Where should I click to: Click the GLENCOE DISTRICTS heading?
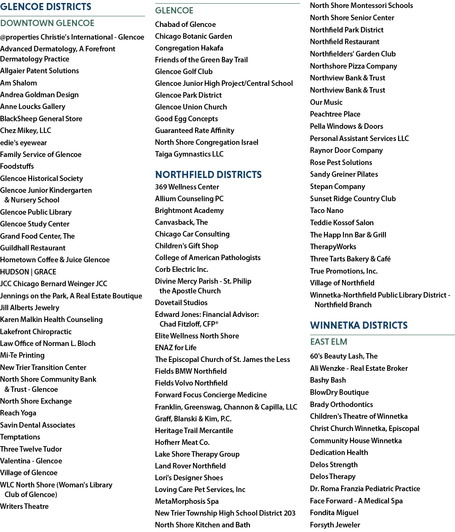(45, 6)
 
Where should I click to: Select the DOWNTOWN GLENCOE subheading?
(47, 23)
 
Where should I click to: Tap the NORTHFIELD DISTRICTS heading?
(208, 175)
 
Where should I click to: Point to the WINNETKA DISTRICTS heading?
(359, 325)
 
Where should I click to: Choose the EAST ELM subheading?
(329, 342)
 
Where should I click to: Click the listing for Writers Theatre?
(24, 506)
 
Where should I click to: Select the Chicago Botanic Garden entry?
(193, 36)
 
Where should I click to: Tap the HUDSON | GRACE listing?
(28, 272)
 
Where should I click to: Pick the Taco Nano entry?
(327, 210)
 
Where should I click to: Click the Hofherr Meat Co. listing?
(182, 442)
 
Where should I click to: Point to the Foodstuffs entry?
(17, 166)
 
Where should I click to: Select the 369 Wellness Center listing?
(187, 187)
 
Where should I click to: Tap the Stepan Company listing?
(337, 186)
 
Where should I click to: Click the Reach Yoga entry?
(18, 413)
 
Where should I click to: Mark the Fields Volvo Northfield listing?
(191, 383)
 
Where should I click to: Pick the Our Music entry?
(326, 102)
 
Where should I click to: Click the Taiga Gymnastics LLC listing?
(189, 154)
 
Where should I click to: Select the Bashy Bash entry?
(328, 380)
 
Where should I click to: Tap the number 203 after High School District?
(289, 513)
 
